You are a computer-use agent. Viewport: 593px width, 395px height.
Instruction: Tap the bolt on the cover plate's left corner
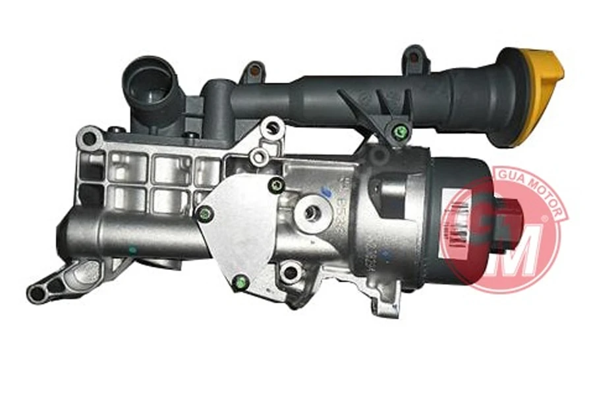[206, 212]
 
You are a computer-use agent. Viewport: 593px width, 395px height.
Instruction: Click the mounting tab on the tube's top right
[415, 56]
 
